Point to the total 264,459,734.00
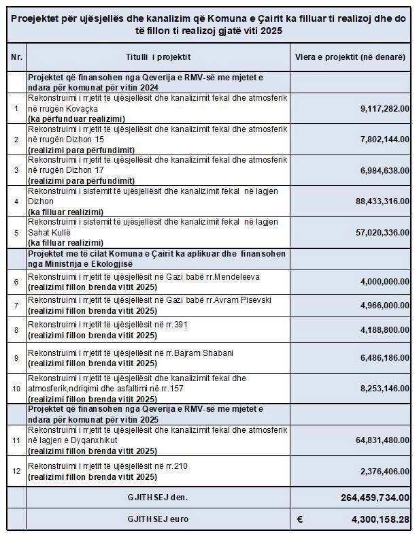tap(375, 498)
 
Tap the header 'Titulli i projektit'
tap(158, 59)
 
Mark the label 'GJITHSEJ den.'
tap(158, 498)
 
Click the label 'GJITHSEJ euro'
tap(158, 519)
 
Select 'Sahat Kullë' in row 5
tap(50, 233)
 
